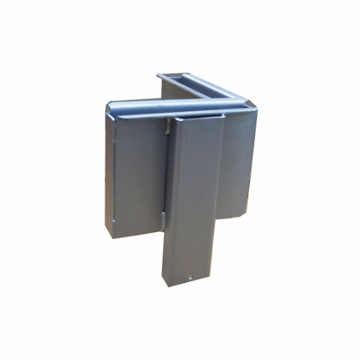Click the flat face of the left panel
(x=138, y=173)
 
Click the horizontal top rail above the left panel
(x=157, y=105)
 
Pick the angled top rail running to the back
(x=208, y=87)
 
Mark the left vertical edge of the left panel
(x=107, y=169)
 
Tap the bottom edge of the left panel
(x=134, y=232)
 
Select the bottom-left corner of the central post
(x=163, y=283)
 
